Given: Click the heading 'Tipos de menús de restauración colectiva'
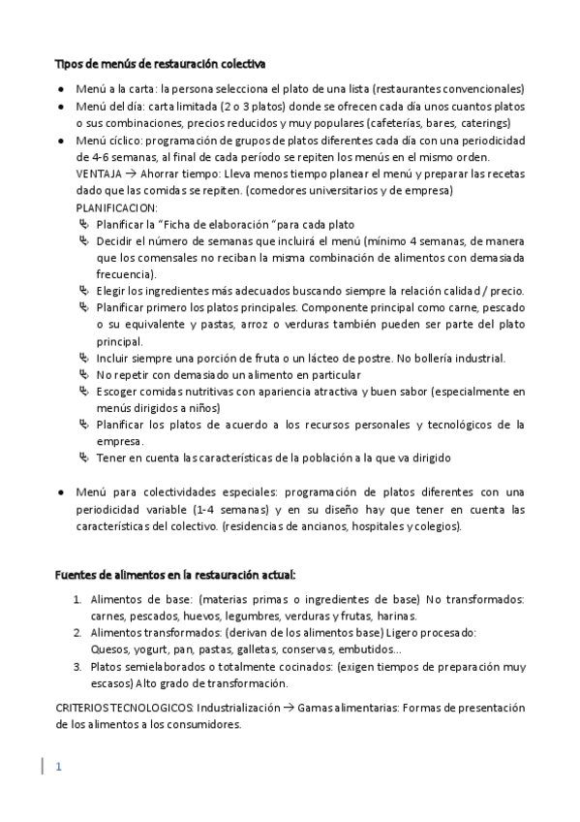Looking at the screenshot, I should [x=160, y=64].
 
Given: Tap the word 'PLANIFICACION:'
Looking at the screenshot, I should [x=116, y=208].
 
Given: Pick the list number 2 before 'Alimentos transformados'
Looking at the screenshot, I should [x=76, y=632].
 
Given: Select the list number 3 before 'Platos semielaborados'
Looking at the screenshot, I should [x=76, y=667].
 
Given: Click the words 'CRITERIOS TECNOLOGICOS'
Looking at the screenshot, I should [x=123, y=708].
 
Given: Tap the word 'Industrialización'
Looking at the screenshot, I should [x=239, y=708].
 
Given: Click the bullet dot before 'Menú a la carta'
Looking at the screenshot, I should [x=60, y=89].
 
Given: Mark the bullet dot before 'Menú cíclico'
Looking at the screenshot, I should [x=60, y=142].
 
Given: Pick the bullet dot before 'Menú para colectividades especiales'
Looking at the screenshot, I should [x=60, y=492].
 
